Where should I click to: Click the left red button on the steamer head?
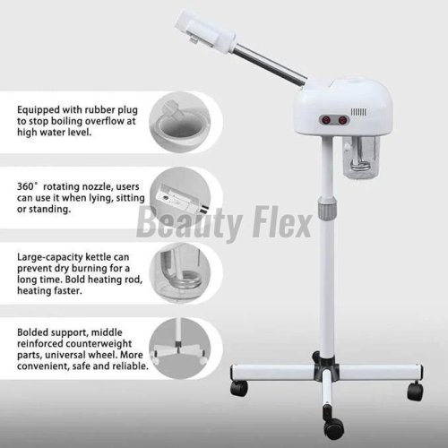[x=324, y=120]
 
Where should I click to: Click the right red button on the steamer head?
[x=342, y=120]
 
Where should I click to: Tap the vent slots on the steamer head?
[x=358, y=112]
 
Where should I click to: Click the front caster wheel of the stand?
[x=334, y=427]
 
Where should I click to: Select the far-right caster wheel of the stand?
[x=415, y=392]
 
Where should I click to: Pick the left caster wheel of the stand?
[x=239, y=388]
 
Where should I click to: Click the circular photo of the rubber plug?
[x=179, y=122]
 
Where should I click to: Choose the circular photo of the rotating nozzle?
[x=179, y=198]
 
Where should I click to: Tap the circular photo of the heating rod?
[x=179, y=273]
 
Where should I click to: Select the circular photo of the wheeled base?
[x=179, y=349]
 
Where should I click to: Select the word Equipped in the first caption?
[x=39, y=110]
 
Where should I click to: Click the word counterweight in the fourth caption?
[x=99, y=344]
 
